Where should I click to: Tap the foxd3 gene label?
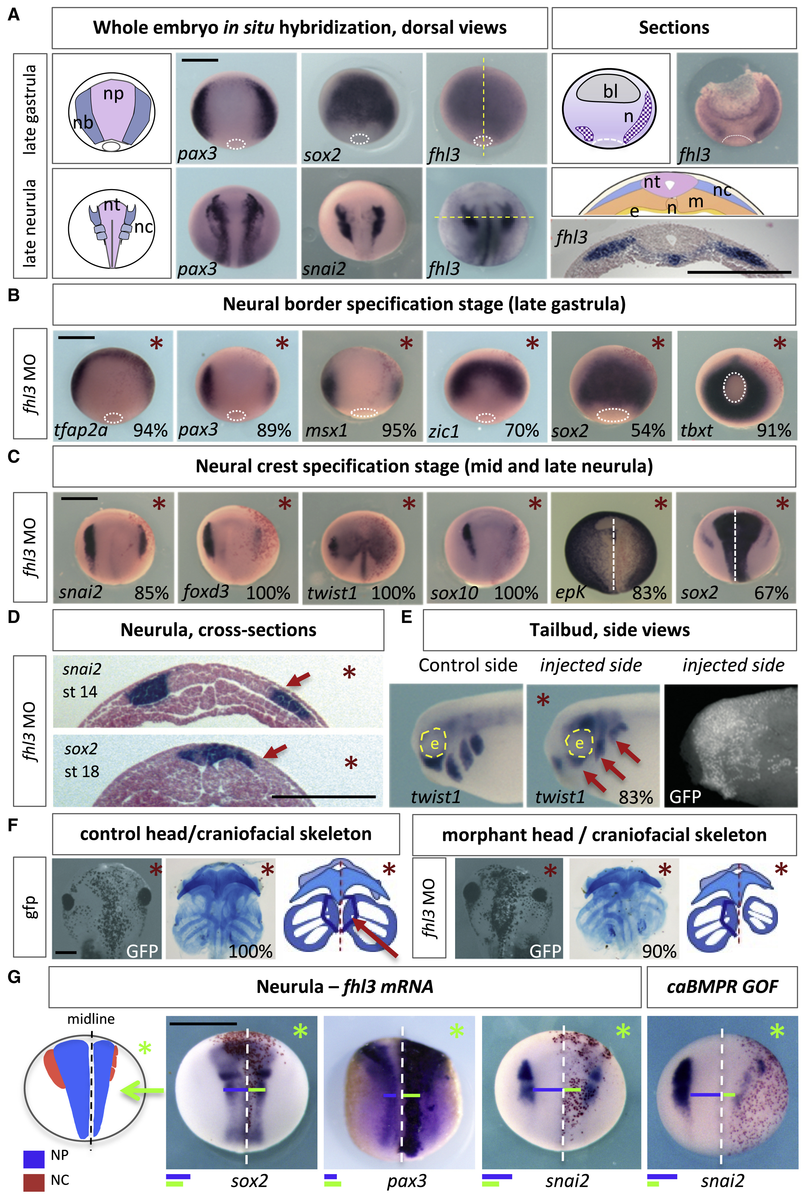coord(206,591)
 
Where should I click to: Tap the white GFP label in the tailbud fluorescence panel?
coord(685,797)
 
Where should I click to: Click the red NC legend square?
coord(34,1180)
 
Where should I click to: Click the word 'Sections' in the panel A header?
coord(674,28)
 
